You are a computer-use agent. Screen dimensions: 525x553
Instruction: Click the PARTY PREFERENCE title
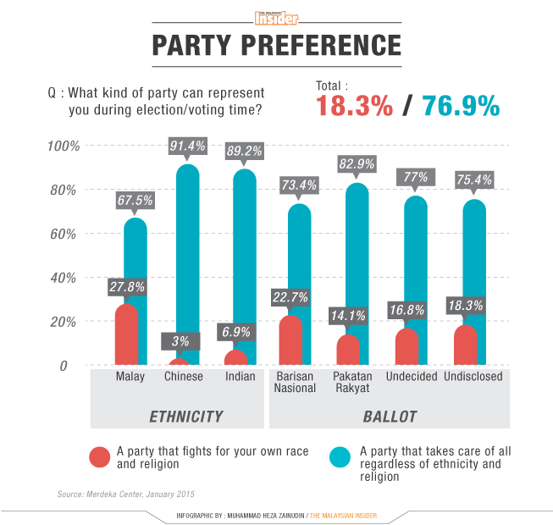click(x=276, y=45)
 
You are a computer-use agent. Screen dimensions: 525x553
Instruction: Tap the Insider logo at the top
click(x=276, y=18)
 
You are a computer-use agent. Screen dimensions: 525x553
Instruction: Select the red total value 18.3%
click(x=355, y=106)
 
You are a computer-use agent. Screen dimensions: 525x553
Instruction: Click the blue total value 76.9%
click(x=462, y=106)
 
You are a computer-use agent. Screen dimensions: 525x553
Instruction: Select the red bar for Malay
click(x=126, y=334)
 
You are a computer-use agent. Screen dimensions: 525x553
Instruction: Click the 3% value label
click(x=180, y=341)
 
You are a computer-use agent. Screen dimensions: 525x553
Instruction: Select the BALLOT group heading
click(x=390, y=417)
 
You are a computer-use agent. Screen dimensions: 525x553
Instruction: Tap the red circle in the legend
click(x=101, y=457)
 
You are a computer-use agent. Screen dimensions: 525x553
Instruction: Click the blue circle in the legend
click(x=341, y=457)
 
